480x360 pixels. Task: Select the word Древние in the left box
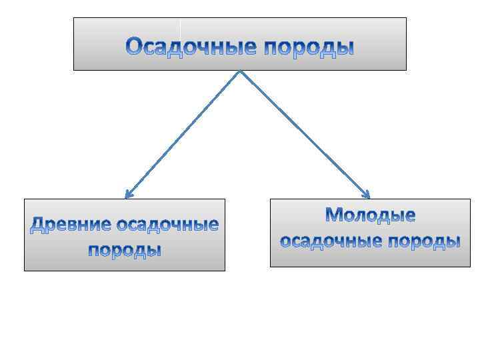pyautogui.click(x=71, y=225)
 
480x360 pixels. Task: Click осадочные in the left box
pyautogui.click(x=167, y=225)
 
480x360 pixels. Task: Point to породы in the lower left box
pyautogui.click(x=125, y=251)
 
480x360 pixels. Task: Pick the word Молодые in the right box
pyautogui.click(x=370, y=215)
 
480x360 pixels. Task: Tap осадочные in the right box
pyautogui.click(x=331, y=241)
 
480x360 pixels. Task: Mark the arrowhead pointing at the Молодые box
pyautogui.click(x=366, y=195)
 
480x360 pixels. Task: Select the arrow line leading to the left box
pyautogui.click(x=183, y=133)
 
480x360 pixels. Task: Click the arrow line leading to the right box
pyautogui.click(x=303, y=133)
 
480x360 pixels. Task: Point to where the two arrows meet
pyautogui.click(x=239, y=71)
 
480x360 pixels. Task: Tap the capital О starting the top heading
pyautogui.click(x=135, y=47)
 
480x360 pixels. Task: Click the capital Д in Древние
pyautogui.click(x=39, y=225)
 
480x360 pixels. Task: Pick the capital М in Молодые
pyautogui.click(x=335, y=215)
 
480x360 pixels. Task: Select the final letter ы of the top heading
pyautogui.click(x=345, y=48)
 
